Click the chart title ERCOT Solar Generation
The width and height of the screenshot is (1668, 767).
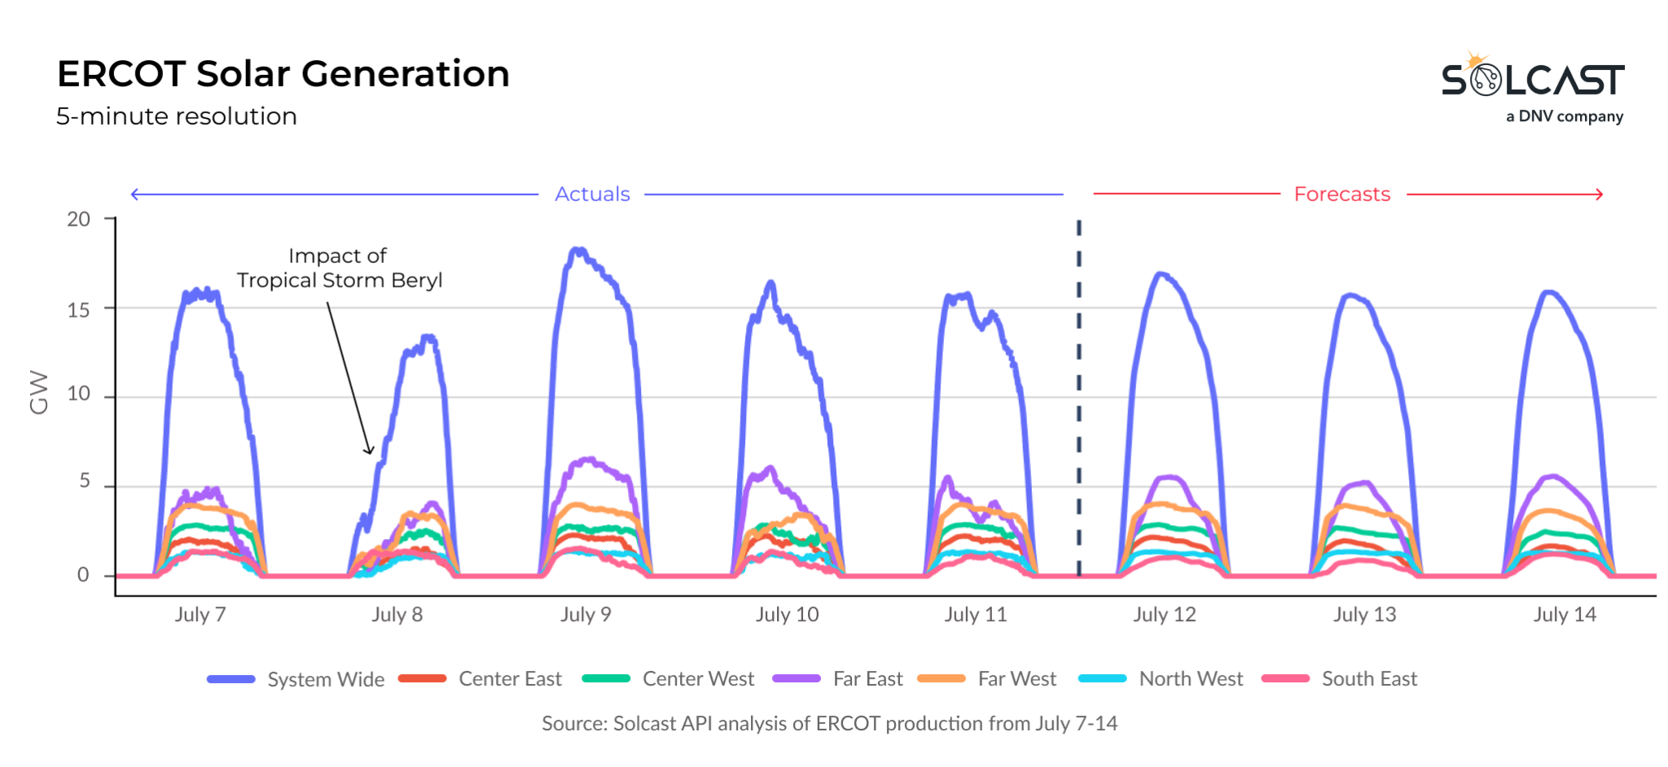click(283, 74)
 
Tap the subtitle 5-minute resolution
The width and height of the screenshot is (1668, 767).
click(176, 116)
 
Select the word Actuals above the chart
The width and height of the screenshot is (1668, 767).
click(592, 195)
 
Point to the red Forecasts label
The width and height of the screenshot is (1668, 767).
click(1341, 195)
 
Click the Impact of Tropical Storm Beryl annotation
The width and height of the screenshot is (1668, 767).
click(339, 268)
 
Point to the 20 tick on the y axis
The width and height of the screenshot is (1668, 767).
click(79, 219)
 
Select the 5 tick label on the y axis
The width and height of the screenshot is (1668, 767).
click(85, 481)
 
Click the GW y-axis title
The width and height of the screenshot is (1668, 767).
click(38, 392)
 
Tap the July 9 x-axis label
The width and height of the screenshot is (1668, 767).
click(585, 615)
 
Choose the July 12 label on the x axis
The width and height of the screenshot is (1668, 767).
click(1164, 615)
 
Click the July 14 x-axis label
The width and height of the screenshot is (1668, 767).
click(1564, 615)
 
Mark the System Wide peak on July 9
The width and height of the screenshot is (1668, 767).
click(578, 250)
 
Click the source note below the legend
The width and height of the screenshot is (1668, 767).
click(829, 724)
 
